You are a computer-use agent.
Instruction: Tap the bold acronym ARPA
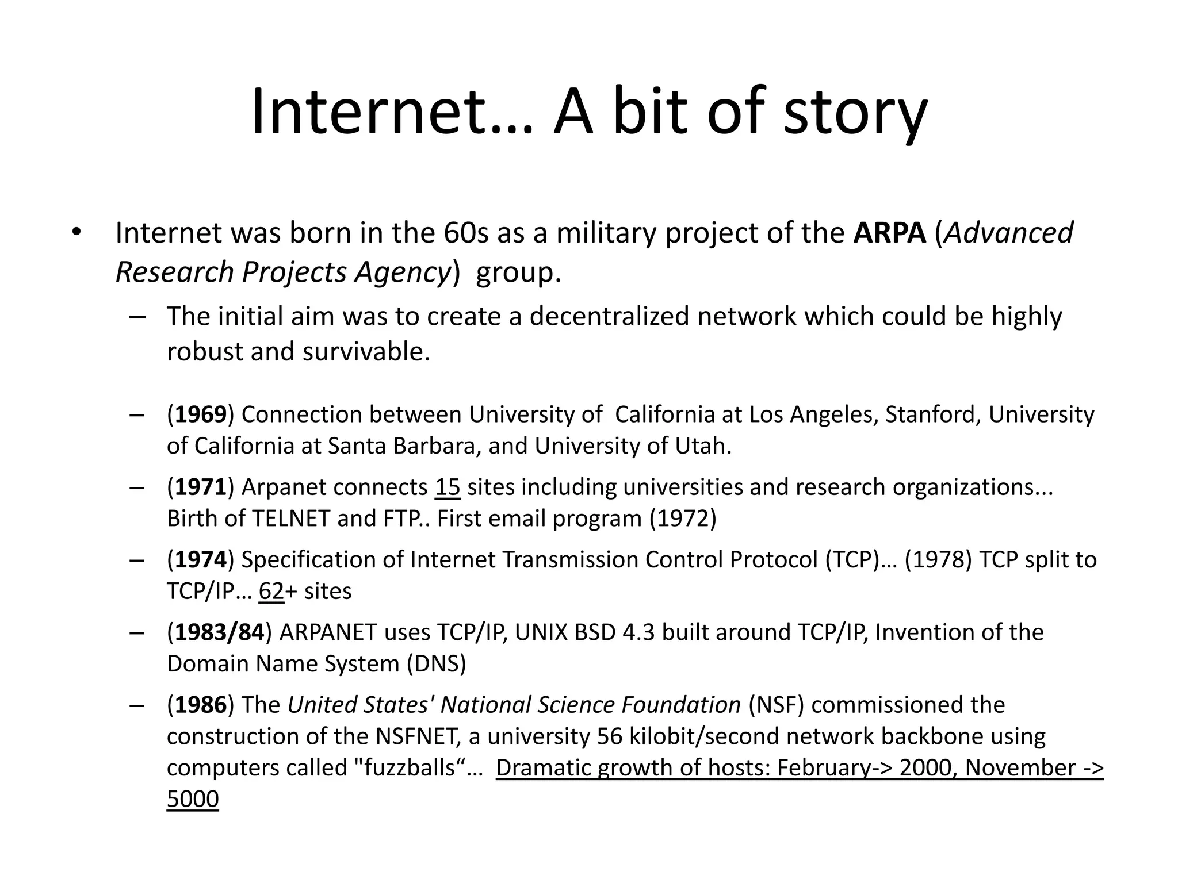click(889, 233)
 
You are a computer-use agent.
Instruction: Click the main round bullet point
click(77, 232)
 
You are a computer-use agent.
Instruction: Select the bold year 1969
click(200, 414)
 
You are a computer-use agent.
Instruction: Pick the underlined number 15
click(448, 487)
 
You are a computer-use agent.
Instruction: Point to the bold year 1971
click(200, 487)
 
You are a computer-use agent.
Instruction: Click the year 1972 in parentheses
click(683, 519)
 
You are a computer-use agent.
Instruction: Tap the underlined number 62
click(271, 591)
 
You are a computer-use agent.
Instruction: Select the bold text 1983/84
click(219, 632)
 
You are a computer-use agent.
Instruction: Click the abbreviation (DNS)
click(437, 664)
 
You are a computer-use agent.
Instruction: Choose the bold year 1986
click(200, 705)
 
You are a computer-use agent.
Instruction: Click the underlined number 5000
click(193, 800)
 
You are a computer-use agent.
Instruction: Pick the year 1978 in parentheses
click(938, 560)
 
